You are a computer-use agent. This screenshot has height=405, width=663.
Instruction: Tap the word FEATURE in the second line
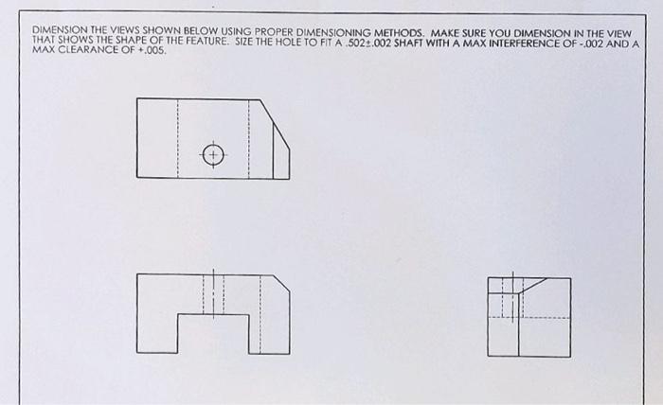(213, 43)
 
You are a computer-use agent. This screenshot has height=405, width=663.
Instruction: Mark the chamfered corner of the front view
(280, 283)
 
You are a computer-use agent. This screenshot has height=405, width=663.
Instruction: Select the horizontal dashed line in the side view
(545, 317)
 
